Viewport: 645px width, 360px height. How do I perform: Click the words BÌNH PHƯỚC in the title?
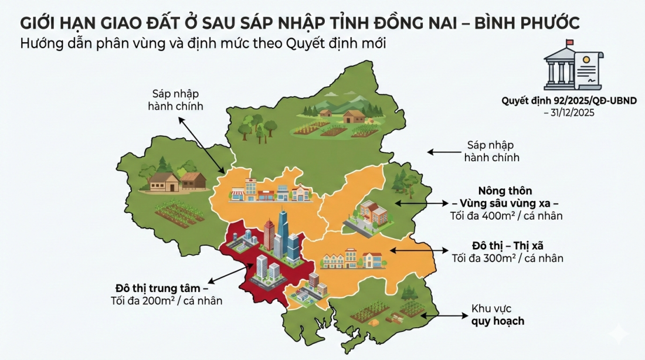click(525, 23)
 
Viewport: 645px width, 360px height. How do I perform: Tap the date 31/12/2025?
click(569, 112)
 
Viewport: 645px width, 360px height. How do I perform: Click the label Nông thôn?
click(505, 191)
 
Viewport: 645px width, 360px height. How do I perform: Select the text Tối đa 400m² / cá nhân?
click(505, 216)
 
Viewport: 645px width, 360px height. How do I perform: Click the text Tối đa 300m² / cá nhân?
click(507, 257)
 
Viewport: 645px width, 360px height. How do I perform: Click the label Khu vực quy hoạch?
click(497, 315)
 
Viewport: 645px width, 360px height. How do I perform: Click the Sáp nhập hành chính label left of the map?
click(176, 100)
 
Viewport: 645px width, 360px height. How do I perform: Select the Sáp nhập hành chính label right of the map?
click(491, 151)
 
